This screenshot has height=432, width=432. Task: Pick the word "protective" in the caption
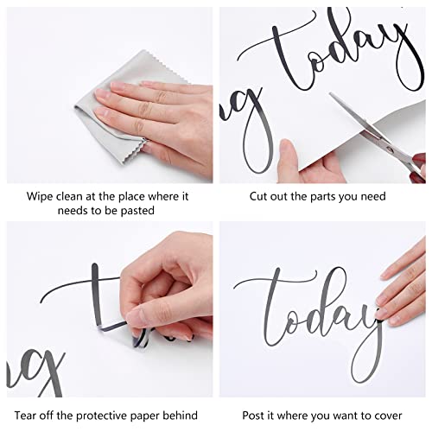tap(101, 416)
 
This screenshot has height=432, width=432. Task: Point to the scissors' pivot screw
tap(391, 149)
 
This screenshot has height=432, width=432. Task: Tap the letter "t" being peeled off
tap(95, 296)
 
